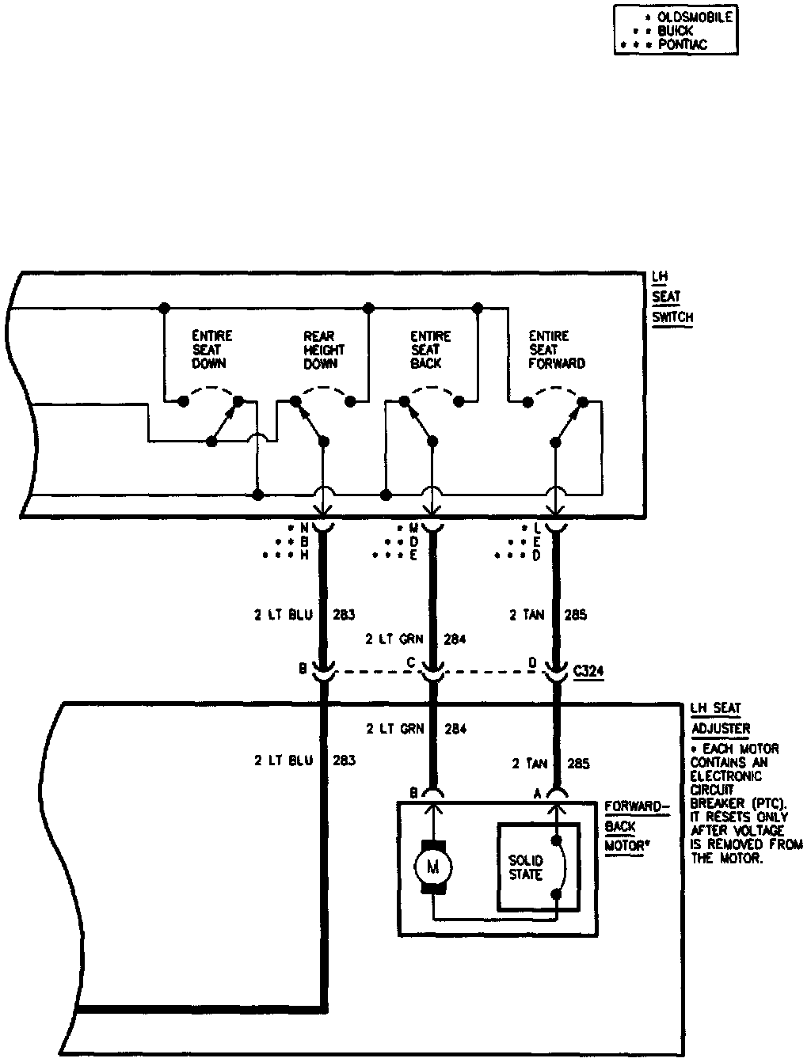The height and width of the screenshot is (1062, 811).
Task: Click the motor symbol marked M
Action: click(x=432, y=867)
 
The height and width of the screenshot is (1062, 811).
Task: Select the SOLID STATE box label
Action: click(x=525, y=867)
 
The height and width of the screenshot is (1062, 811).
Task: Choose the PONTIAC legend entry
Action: click(x=682, y=45)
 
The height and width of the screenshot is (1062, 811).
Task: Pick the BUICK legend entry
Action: click(x=675, y=31)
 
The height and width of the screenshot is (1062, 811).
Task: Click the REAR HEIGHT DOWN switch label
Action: click(x=324, y=350)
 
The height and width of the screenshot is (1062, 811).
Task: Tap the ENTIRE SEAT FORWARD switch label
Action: click(x=556, y=350)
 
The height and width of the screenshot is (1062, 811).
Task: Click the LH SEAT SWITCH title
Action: click(x=672, y=298)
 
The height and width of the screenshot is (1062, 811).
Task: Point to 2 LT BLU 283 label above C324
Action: click(x=304, y=614)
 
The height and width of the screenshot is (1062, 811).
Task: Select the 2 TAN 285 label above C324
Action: click(x=547, y=614)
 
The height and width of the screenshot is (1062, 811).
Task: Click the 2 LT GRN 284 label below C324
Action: click(x=416, y=728)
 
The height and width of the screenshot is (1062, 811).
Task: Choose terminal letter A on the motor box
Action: click(x=538, y=792)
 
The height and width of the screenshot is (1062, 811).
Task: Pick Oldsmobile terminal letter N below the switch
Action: click(x=303, y=527)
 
